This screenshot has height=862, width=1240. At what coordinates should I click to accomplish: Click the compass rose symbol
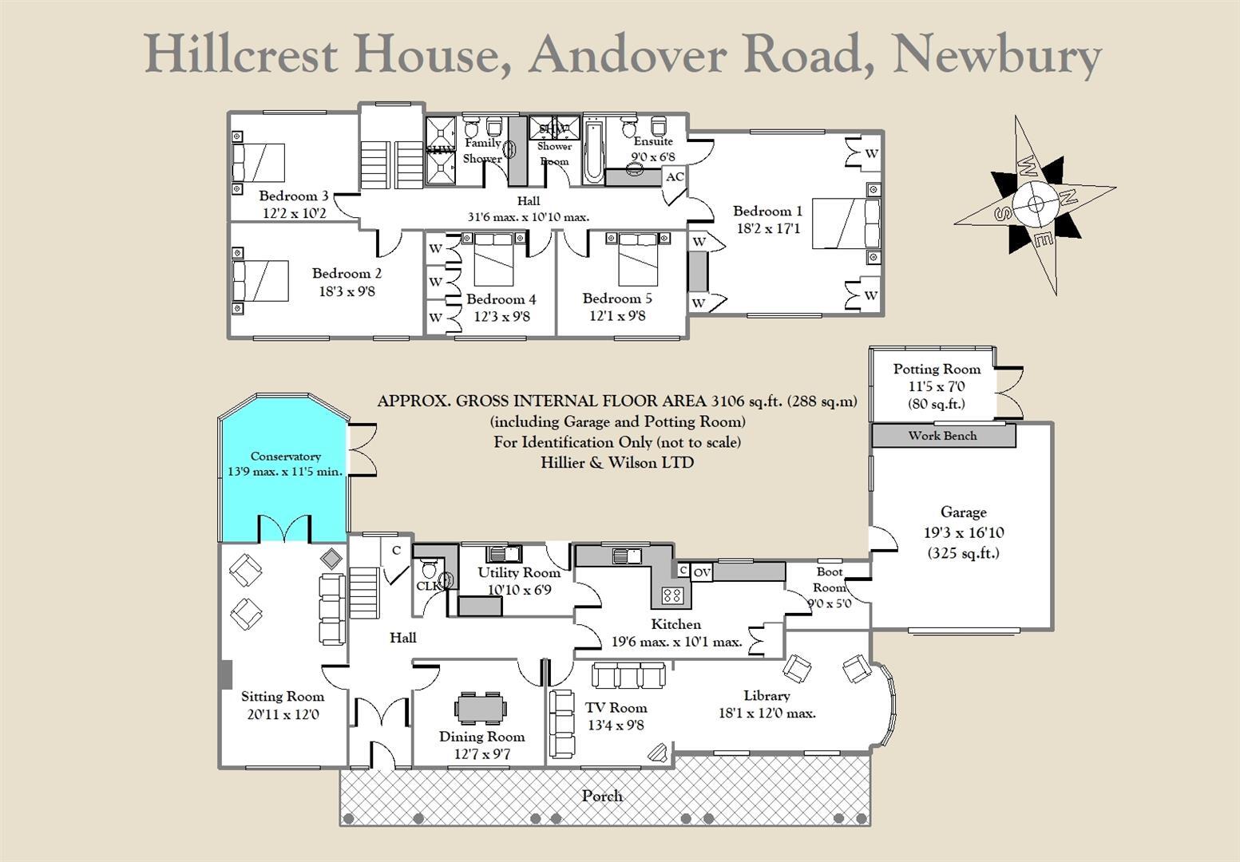(x=1035, y=205)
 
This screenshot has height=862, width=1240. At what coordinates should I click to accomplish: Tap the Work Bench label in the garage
(x=942, y=436)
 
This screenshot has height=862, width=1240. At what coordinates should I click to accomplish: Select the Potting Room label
(x=937, y=369)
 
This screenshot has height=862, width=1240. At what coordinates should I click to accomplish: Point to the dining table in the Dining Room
(x=481, y=708)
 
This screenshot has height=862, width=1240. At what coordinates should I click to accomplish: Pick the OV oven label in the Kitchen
(x=702, y=571)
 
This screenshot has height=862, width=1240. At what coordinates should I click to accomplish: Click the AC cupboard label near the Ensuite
(x=675, y=176)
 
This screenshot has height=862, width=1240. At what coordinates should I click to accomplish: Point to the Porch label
(x=603, y=796)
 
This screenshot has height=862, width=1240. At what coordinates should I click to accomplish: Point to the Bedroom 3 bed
(x=258, y=164)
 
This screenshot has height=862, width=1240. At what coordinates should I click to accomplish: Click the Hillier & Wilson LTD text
(x=617, y=462)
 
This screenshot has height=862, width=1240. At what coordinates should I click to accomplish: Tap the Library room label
(x=767, y=696)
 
